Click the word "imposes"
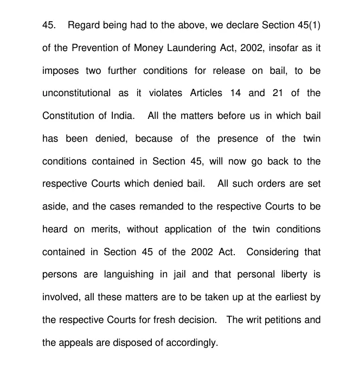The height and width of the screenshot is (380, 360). click(x=60, y=71)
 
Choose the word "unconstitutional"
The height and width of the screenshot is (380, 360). click(x=76, y=93)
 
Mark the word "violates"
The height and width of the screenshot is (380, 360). click(x=164, y=93)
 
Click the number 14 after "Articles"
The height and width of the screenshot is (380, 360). click(x=235, y=93)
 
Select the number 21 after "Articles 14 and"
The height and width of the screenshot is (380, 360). click(x=279, y=93)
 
